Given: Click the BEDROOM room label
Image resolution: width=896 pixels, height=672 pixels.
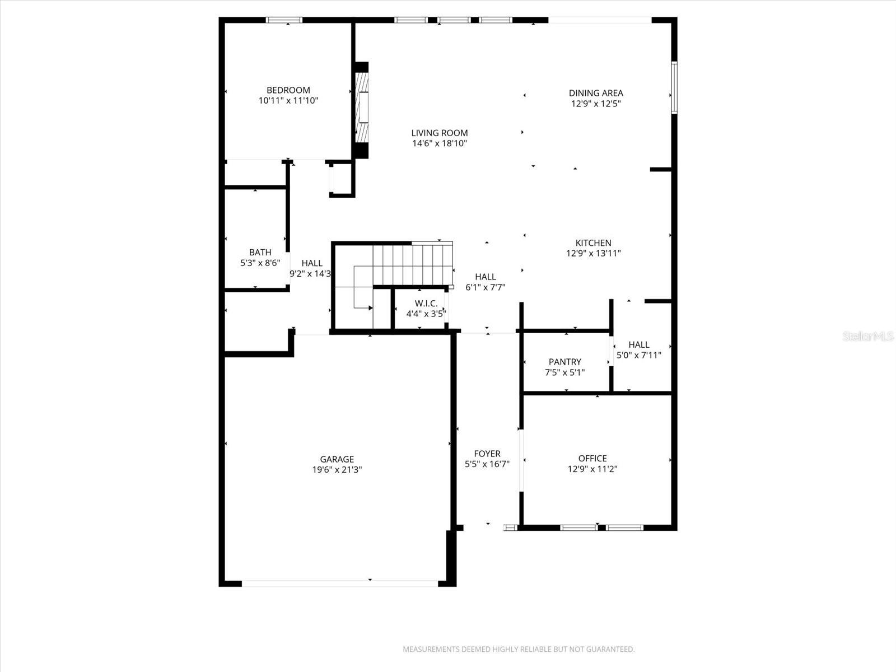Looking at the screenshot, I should pos(288,90).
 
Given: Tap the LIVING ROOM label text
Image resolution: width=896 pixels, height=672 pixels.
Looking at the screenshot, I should pos(440,133).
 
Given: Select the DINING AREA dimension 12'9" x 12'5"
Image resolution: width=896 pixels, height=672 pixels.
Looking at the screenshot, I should pos(596,104).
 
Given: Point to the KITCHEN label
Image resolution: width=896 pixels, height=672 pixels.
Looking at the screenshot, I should pos(593,243).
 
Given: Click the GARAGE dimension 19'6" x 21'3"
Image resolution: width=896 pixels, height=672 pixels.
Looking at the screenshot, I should pos(337,470).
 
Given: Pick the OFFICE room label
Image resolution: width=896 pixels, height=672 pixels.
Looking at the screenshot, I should pos(592,459).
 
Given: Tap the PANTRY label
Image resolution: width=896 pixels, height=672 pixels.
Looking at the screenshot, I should pos(564,362).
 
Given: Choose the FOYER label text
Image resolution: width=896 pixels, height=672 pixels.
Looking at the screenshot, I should pos(487,454).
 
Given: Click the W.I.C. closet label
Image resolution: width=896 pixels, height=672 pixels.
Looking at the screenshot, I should pos(426,304).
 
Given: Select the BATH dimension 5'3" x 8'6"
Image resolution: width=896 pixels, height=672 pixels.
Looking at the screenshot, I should pos(260,263).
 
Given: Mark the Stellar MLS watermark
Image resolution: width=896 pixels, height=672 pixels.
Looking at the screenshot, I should pos(868,336).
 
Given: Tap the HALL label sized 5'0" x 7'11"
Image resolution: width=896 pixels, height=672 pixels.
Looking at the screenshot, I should pos(638,345).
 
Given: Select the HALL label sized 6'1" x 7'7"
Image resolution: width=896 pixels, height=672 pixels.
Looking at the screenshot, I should pos(485,277).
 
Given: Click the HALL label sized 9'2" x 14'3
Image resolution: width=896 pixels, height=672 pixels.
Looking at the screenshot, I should pos(311,263).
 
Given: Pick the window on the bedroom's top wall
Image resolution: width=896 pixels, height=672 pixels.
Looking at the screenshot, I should pos(284,20).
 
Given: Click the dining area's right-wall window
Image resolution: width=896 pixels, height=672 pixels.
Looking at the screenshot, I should pos(674,88).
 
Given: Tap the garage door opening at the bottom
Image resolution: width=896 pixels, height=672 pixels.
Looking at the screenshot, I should pos(339,583).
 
